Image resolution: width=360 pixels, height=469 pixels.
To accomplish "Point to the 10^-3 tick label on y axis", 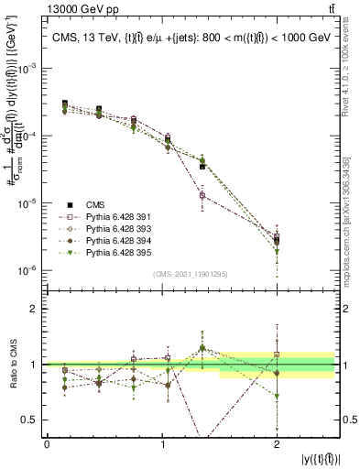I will point(30,69).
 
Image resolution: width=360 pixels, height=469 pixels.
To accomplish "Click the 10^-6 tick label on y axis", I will point(30,270).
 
